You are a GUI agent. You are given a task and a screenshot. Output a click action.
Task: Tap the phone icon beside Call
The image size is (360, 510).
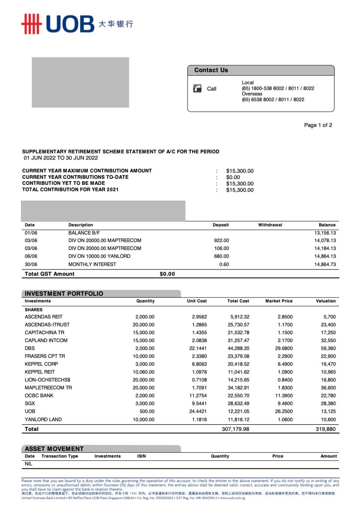(x=198, y=89)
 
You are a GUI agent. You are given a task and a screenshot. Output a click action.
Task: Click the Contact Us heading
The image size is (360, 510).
(x=211, y=70)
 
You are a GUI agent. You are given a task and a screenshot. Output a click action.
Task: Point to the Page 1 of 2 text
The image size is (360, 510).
(x=318, y=126)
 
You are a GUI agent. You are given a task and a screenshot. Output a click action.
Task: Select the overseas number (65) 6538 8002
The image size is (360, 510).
(x=273, y=100)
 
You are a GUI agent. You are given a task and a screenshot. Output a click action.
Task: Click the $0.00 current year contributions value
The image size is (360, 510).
(x=233, y=177)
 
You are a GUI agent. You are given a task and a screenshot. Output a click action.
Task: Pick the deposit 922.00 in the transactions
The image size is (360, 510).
(x=221, y=240)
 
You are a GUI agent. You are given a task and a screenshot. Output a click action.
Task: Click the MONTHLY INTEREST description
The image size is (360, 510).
(x=92, y=264)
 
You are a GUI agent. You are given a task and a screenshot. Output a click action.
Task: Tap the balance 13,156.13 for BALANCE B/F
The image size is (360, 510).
(x=325, y=233)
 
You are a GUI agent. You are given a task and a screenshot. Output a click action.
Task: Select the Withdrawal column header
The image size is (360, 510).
(x=270, y=225)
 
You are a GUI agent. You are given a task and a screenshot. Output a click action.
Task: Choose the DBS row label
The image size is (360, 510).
(x=30, y=349)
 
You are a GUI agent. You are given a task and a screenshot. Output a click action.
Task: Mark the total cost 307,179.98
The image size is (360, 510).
(x=235, y=429)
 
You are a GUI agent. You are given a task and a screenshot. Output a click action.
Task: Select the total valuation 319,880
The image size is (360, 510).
(x=326, y=429)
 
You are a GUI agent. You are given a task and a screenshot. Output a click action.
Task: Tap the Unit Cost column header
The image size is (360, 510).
(x=197, y=301)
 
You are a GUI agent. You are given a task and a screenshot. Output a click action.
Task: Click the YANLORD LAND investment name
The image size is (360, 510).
(x=43, y=419)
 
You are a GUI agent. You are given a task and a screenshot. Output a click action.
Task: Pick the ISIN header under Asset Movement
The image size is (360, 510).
(x=141, y=456)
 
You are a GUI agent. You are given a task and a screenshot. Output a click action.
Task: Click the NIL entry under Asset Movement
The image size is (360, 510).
(x=28, y=464)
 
